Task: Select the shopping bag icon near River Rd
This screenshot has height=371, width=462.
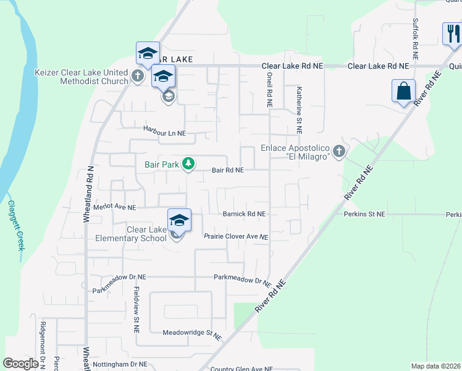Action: [403, 91]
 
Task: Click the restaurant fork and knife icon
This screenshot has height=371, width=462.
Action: [453, 33]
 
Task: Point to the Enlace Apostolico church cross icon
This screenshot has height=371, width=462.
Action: [338, 151]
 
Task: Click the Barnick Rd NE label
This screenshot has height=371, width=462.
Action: [244, 214]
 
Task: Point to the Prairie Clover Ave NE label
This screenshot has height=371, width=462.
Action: [236, 237]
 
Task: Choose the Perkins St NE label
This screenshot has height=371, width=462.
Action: [364, 214]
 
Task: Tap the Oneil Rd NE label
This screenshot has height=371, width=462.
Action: [269, 90]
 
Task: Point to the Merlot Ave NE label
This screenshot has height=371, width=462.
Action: [114, 208]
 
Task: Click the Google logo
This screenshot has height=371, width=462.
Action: [20, 364]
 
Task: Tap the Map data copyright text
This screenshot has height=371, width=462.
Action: [435, 366]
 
